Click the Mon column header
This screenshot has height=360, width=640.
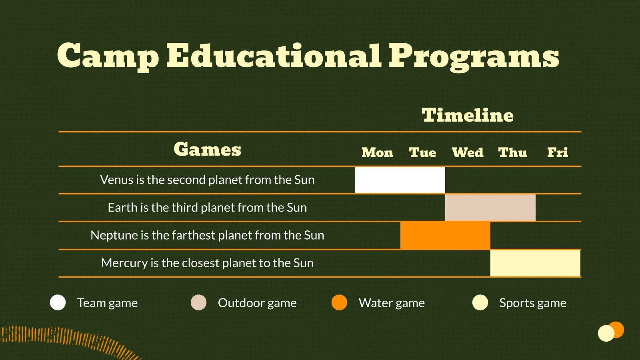(x=377, y=152)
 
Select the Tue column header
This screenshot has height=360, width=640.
(x=422, y=152)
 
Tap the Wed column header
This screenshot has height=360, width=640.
(x=468, y=152)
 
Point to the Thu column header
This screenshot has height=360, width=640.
(x=512, y=152)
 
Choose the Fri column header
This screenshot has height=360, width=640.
(x=558, y=152)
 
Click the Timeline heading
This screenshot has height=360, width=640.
(x=468, y=115)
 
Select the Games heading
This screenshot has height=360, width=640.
(x=207, y=149)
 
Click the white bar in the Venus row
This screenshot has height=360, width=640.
(x=400, y=180)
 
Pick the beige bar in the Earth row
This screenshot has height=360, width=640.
(x=490, y=208)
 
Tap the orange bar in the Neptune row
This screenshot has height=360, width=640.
(x=445, y=235)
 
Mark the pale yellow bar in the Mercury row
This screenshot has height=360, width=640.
(x=535, y=263)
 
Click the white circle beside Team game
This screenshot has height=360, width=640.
(x=58, y=302)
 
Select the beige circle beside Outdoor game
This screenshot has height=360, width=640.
(x=199, y=302)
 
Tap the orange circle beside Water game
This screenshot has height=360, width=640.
(x=340, y=302)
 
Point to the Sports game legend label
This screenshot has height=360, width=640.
(x=533, y=303)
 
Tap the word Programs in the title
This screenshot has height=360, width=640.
(x=474, y=56)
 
